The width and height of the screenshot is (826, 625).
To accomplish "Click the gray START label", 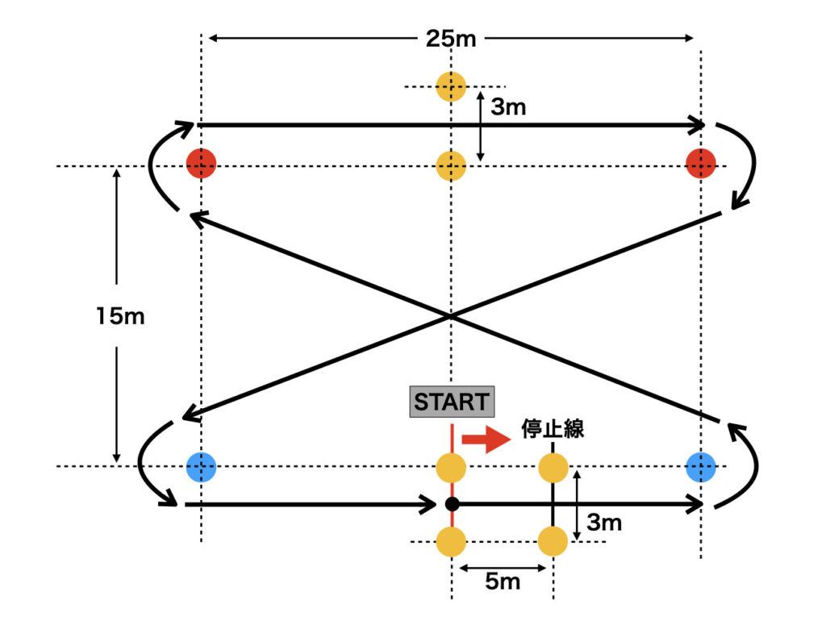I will coord(451,402).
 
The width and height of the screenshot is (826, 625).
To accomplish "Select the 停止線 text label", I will coord(553,428).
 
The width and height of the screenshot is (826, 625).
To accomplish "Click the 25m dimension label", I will coord(451,38).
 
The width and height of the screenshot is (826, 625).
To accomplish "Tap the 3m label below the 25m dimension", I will coord(508,107).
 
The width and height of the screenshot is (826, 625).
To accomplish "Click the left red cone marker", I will coord(201,164).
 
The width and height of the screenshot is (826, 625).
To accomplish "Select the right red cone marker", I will coord(700,164).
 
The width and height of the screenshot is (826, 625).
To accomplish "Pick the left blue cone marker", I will coord(201,466).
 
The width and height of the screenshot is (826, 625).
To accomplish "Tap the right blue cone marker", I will coord(700,466).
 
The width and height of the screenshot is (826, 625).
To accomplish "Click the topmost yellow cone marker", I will coord(451,86).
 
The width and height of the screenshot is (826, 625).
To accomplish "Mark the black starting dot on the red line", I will coord(452,504).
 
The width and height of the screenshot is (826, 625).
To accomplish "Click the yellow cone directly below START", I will coord(451,467).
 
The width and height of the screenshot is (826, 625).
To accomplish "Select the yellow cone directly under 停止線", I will coord(553,467).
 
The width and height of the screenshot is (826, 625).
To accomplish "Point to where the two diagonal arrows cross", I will coord(450,316).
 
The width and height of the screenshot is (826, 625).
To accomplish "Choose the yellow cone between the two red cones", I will coord(451,166).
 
